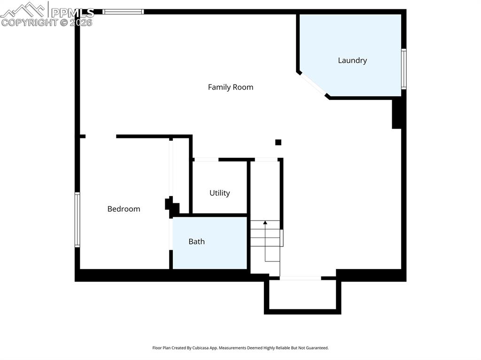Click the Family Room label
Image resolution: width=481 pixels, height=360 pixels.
230,87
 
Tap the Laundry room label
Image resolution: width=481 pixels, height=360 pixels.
352,61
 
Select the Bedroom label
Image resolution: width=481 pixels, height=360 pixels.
124,209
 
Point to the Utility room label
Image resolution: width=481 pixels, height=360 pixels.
219,193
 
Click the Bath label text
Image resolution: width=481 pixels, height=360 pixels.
196,242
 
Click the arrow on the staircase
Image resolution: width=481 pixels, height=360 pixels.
265,222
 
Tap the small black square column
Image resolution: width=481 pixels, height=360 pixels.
278,142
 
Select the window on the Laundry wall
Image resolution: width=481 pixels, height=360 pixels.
403,69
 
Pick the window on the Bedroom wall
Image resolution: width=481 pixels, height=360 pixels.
78,219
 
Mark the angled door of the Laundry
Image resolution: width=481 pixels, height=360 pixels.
313,85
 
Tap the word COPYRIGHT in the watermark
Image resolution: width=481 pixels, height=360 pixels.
29,23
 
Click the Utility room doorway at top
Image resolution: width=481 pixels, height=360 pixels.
206,160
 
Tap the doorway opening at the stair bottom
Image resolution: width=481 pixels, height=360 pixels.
300,278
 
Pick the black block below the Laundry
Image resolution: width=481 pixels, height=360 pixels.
397,113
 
